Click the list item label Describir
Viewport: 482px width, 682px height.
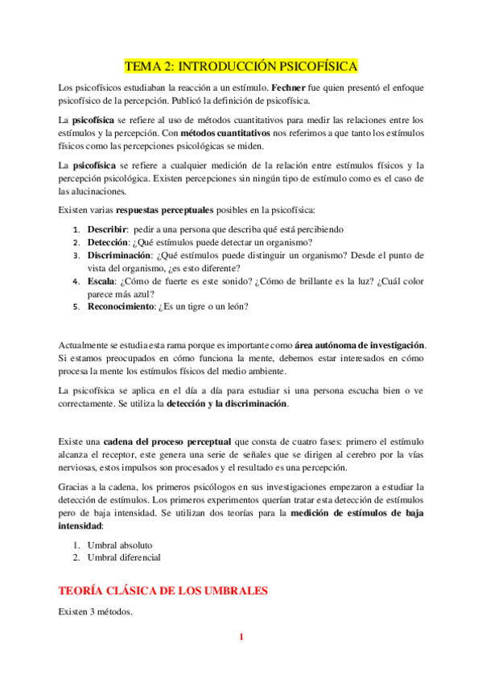click(108, 229)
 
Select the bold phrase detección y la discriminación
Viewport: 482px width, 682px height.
click(226, 405)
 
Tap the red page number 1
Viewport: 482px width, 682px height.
click(241, 638)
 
